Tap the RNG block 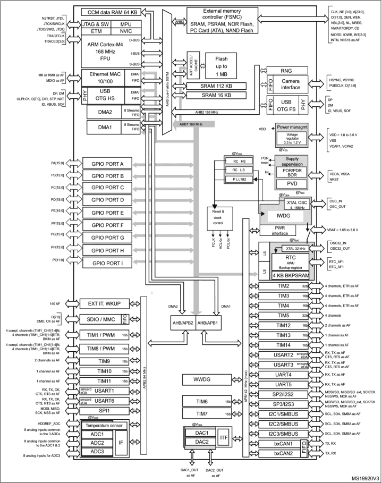pyautogui.click(x=290, y=70)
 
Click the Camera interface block pyautogui.click(x=291, y=83)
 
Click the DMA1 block pyautogui.click(x=105, y=127)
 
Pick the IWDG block pyautogui.click(x=282, y=216)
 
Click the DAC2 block pyautogui.click(x=201, y=442)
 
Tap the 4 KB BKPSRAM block pyautogui.click(x=290, y=275)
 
